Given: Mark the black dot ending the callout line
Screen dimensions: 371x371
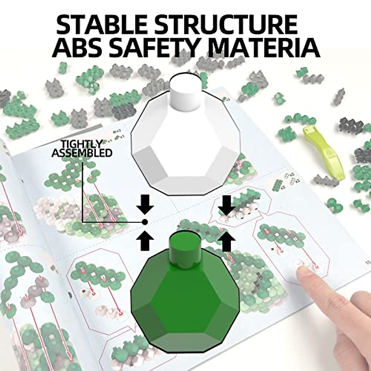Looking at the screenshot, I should pos(145,221).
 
